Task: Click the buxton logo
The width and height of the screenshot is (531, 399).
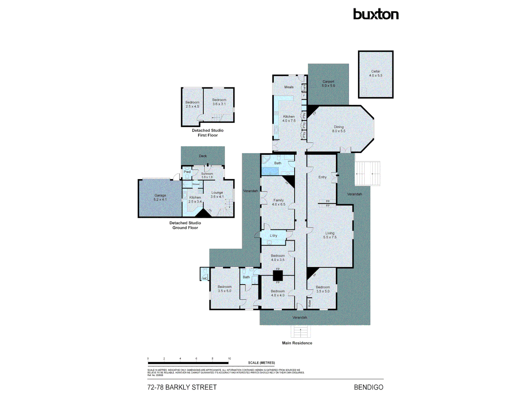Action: click(x=376, y=14)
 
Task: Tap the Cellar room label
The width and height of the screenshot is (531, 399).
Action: click(x=376, y=72)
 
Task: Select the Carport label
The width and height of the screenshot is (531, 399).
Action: click(x=328, y=82)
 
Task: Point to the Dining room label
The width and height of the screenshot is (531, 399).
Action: click(x=339, y=127)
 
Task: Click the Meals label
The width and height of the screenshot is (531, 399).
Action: click(x=289, y=87)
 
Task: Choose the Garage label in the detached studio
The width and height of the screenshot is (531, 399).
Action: click(x=160, y=195)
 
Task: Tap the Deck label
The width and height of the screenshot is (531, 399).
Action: click(x=203, y=156)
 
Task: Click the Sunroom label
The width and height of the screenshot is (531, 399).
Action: click(x=207, y=174)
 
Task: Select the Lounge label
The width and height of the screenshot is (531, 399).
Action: click(x=217, y=192)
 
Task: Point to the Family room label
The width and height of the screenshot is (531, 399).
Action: click(x=278, y=200)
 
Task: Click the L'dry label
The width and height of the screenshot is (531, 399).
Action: click(x=273, y=236)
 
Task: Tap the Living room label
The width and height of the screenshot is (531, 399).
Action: click(x=330, y=233)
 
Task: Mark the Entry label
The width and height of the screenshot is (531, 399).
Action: click(x=322, y=177)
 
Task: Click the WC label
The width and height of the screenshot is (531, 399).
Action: click(x=205, y=279)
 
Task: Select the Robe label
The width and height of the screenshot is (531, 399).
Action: click(x=310, y=303)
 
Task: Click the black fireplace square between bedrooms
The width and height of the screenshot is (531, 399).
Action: click(x=278, y=276)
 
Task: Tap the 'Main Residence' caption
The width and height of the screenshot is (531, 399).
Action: click(x=297, y=343)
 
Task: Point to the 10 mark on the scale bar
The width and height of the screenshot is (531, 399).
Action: click(x=229, y=359)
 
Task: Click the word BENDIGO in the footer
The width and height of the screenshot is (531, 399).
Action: click(x=368, y=387)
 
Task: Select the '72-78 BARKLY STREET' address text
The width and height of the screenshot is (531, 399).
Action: click(x=182, y=387)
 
